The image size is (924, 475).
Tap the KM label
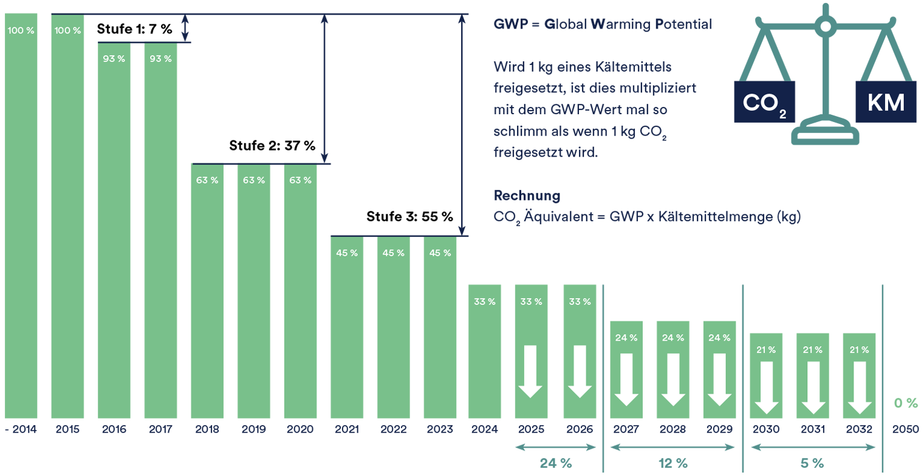885,103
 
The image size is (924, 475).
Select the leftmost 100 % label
21,30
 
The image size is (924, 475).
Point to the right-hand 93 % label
160,59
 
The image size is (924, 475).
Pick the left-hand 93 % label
114,59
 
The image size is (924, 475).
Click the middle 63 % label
254,180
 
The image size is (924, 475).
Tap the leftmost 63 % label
207,180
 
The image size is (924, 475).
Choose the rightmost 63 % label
300,180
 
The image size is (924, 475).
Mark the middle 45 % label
394,253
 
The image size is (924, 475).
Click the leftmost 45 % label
347,253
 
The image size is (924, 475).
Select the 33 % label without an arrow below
485,301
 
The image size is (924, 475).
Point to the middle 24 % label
673,338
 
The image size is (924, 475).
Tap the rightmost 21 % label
858,350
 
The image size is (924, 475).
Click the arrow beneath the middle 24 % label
673,379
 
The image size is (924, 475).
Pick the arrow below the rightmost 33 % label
580,371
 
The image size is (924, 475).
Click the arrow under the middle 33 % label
531,371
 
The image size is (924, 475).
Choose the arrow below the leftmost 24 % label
626,379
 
